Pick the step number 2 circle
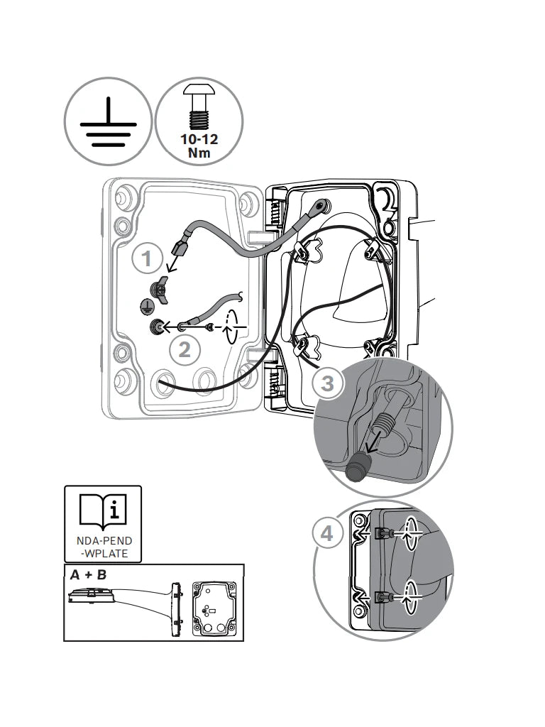coord(185,349)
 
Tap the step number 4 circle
coord(327,534)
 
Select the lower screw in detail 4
coord(383,597)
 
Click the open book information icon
coord(103,512)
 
